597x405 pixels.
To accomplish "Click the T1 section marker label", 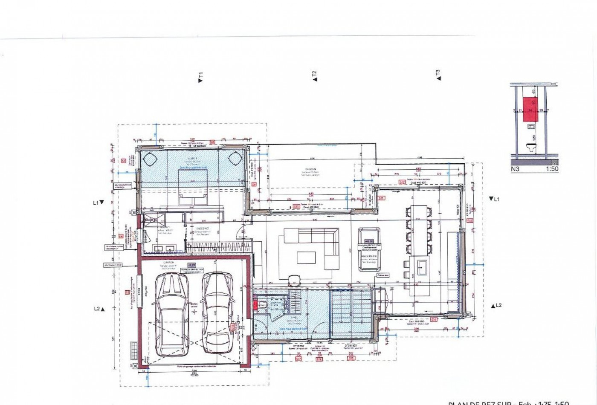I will [201, 77].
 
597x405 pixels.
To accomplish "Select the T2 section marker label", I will [314, 76].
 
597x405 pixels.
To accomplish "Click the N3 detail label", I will [516, 169].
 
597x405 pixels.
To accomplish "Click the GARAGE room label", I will [165, 263].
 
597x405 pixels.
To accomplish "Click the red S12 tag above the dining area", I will [401, 182].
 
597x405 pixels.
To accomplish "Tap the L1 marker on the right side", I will [495, 199].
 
